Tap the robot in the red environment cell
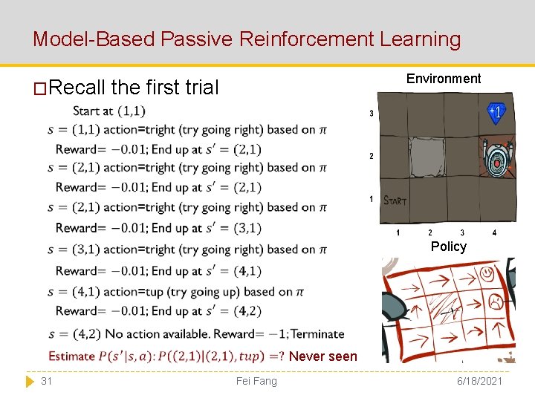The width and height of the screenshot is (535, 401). point(494,158)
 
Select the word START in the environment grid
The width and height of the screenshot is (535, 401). point(395,200)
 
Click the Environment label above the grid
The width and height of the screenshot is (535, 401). point(444,79)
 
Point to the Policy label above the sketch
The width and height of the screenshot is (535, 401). point(449,247)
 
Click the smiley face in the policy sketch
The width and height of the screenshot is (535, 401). point(487,274)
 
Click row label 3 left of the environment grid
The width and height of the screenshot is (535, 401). point(372,114)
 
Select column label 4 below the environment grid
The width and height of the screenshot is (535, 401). point(494,233)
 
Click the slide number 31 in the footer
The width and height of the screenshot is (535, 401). point(46,381)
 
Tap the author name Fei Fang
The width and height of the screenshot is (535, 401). point(256,381)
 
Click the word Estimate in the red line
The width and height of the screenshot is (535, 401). point(71,356)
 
